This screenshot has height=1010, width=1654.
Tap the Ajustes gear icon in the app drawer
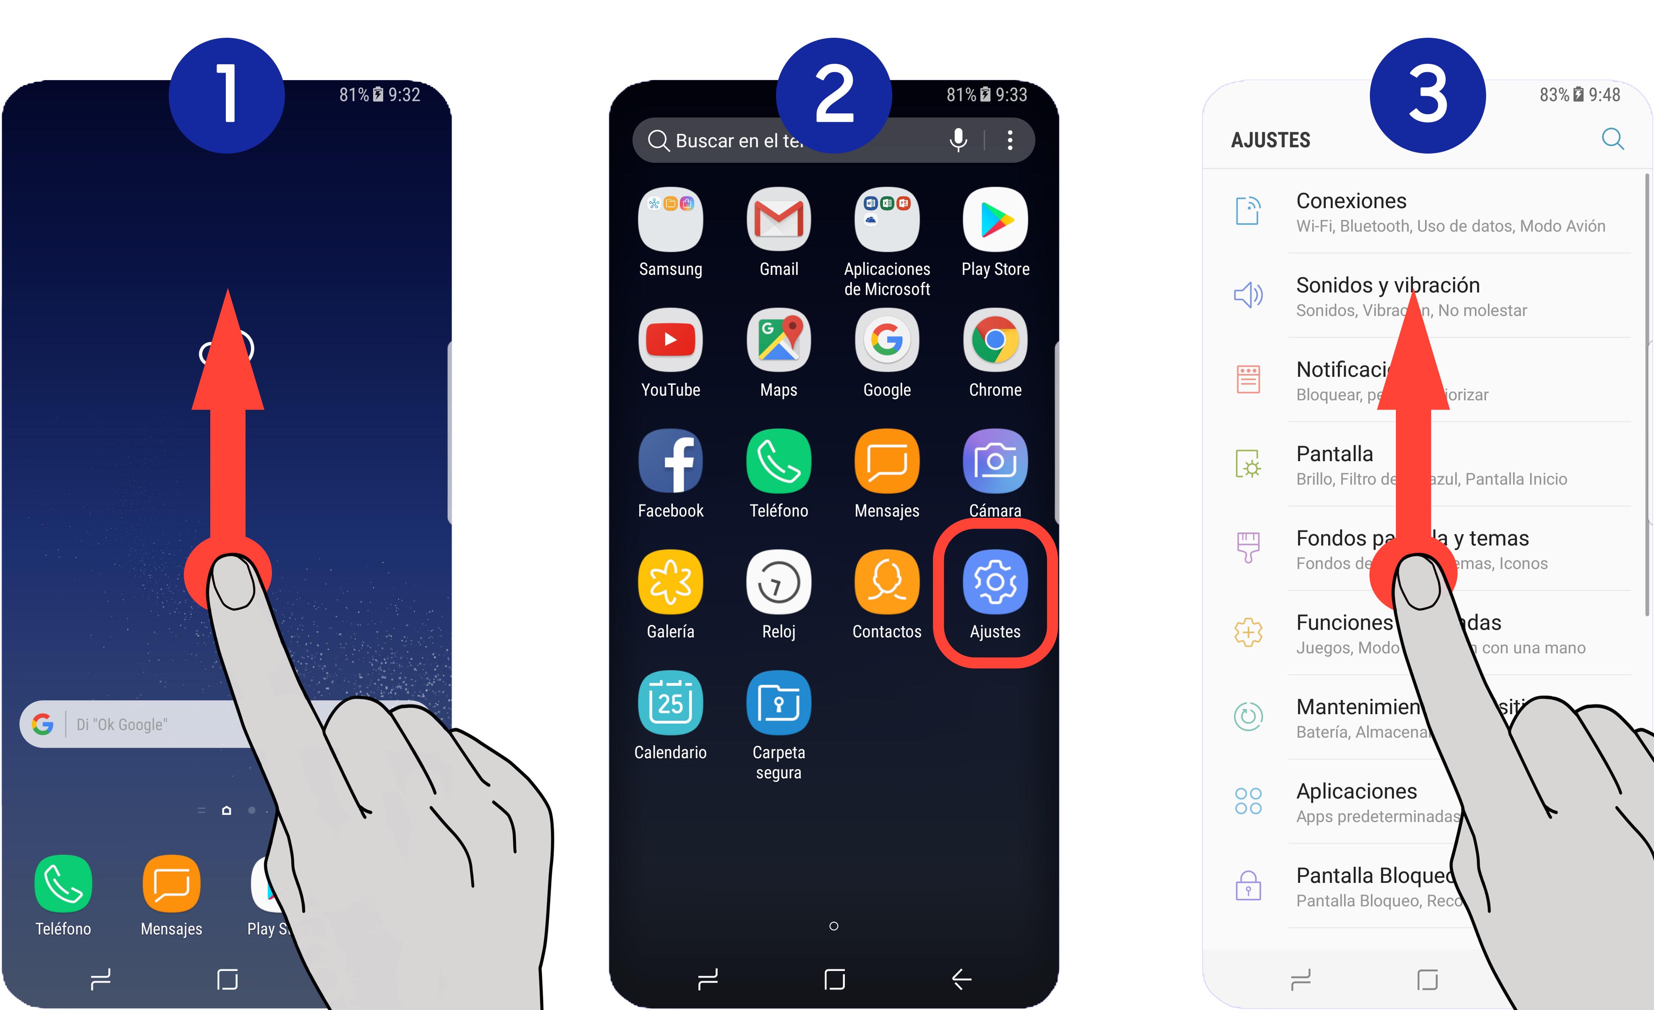pyautogui.click(x=995, y=582)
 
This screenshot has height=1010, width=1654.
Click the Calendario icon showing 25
pyautogui.click(x=670, y=703)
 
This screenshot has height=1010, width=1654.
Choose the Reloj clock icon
pyautogui.click(x=779, y=582)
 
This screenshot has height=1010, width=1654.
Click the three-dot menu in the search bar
pyautogui.click(x=1010, y=140)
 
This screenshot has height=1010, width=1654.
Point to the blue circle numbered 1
pyautogui.click(x=227, y=95)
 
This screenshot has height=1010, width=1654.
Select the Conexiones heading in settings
pyautogui.click(x=1351, y=201)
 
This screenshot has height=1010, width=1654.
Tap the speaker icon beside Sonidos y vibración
pyautogui.click(x=1248, y=295)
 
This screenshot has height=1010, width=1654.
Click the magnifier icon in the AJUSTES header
pyautogui.click(x=1612, y=139)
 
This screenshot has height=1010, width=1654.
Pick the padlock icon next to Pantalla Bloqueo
pyautogui.click(x=1248, y=886)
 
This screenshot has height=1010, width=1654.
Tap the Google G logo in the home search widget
pyautogui.click(x=43, y=724)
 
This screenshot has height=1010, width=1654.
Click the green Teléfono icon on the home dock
pyautogui.click(x=63, y=884)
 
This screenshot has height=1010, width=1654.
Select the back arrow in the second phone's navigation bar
pyautogui.click(x=961, y=979)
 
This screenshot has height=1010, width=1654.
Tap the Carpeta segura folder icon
pyautogui.click(x=779, y=703)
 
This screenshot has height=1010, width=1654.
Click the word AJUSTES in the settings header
pyautogui.click(x=1270, y=140)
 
